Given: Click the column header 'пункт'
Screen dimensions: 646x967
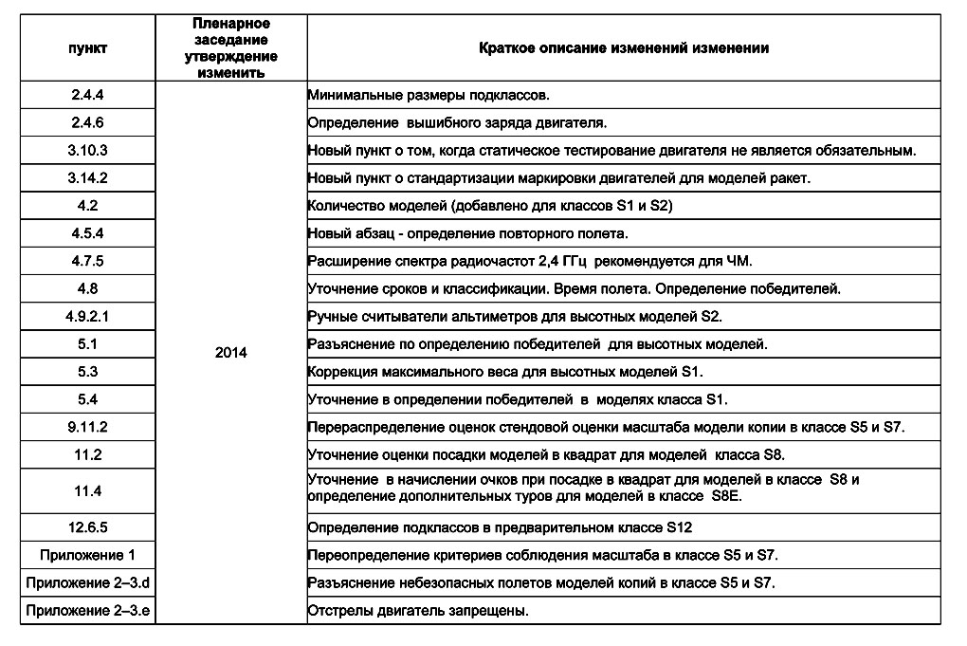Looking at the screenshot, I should coord(87,47).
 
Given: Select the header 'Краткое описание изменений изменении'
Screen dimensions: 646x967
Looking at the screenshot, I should coord(623,47).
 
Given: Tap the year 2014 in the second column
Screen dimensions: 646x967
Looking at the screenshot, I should coord(231,353).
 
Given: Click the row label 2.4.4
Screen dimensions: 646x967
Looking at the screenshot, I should coord(87,96).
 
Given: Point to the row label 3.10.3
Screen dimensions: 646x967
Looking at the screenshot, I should coord(87,151).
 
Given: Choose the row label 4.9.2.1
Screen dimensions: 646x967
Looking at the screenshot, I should coord(87,317).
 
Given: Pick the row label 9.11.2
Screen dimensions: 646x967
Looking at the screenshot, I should coord(87,427).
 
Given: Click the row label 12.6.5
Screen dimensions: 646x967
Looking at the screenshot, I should coord(87,526).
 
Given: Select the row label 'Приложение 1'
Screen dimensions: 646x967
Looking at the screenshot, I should coord(87,555).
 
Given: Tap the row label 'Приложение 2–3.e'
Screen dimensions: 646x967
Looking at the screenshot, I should coord(87,610).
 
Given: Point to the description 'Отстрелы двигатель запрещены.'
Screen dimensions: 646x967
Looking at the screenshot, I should coord(418,610).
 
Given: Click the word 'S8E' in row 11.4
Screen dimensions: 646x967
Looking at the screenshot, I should coord(726,497).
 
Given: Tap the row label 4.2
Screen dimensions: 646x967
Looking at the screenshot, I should coord(87,206).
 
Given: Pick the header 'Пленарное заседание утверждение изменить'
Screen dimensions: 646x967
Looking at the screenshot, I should coord(231,47).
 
